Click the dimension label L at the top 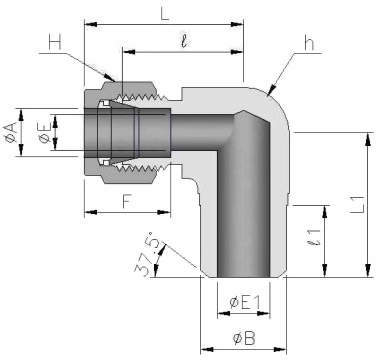[x=165, y=12]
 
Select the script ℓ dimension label [x=184, y=42]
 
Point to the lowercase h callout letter [x=309, y=43]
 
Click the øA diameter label [x=11, y=132]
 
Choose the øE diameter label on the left [x=45, y=132]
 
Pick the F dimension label [x=127, y=201]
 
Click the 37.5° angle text [x=145, y=254]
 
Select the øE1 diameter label [x=245, y=303]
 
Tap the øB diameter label [x=244, y=338]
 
